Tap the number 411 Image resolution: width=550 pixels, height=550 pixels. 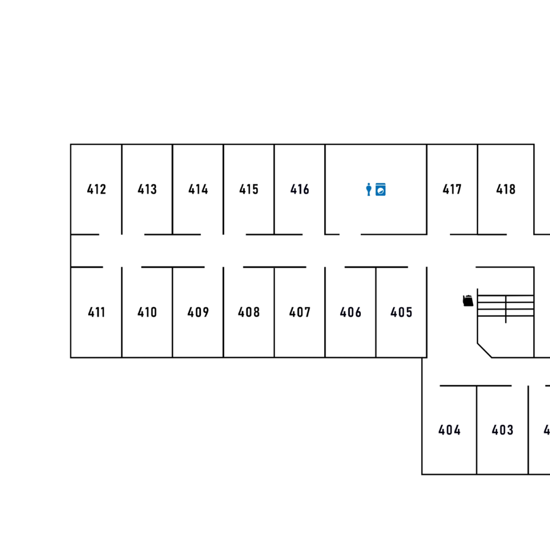click(97, 312)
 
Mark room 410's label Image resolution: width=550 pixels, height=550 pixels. click(147, 312)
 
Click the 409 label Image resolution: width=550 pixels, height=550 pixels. click(198, 312)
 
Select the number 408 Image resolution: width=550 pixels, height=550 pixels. click(249, 312)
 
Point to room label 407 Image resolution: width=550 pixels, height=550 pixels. click(300, 312)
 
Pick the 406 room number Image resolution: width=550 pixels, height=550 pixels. click(350, 312)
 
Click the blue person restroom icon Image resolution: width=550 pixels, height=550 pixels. click(369, 189)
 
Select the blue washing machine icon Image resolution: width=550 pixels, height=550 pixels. click(381, 189)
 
